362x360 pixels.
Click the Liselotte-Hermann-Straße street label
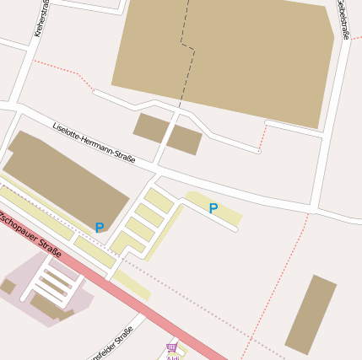pyautogui.click(x=93, y=141)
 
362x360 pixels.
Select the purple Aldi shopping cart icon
pyautogui.click(x=172, y=347)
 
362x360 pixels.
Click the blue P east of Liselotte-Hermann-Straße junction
pyautogui.click(x=213, y=208)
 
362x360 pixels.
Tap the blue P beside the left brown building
pyautogui.click(x=100, y=228)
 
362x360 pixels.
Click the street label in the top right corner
pyautogui.click(x=342, y=19)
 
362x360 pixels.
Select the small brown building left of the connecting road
pyautogui.click(x=150, y=128)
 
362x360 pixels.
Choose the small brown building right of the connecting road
pyautogui.click(x=184, y=140)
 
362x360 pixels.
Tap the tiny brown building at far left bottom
pyautogui.click(x=8, y=287)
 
